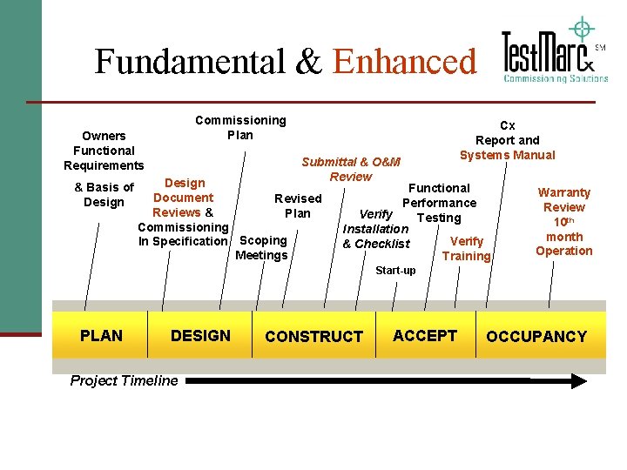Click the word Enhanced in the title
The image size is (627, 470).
point(405,62)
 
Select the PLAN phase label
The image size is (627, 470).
point(101,335)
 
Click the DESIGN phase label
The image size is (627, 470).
point(200,335)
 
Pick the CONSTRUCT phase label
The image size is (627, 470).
point(313,336)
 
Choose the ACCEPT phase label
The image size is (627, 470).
point(425,335)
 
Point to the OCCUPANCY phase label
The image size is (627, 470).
point(536,336)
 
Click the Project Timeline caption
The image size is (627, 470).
point(124,379)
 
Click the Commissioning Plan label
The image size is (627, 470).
point(240,127)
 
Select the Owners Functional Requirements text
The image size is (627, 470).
point(104,151)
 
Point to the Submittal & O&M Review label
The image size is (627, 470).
point(351,169)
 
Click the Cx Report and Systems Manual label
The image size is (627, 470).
point(507,140)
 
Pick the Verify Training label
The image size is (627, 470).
point(466,248)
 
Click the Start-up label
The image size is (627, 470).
point(395,271)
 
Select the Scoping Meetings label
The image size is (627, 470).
point(262,247)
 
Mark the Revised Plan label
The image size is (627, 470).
point(298,205)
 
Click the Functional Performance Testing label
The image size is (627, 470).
point(439,203)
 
